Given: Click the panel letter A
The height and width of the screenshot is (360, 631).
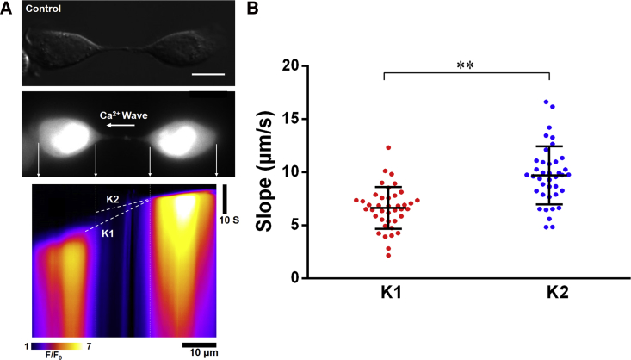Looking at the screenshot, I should point(8,9).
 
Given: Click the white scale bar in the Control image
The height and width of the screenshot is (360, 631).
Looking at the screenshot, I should point(207,74).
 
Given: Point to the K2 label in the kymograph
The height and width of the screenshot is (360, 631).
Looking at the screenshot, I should point(114,200).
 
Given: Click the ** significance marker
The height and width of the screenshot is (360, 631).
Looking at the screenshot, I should point(453,64).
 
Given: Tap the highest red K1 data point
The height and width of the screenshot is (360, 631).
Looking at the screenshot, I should point(388,148).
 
